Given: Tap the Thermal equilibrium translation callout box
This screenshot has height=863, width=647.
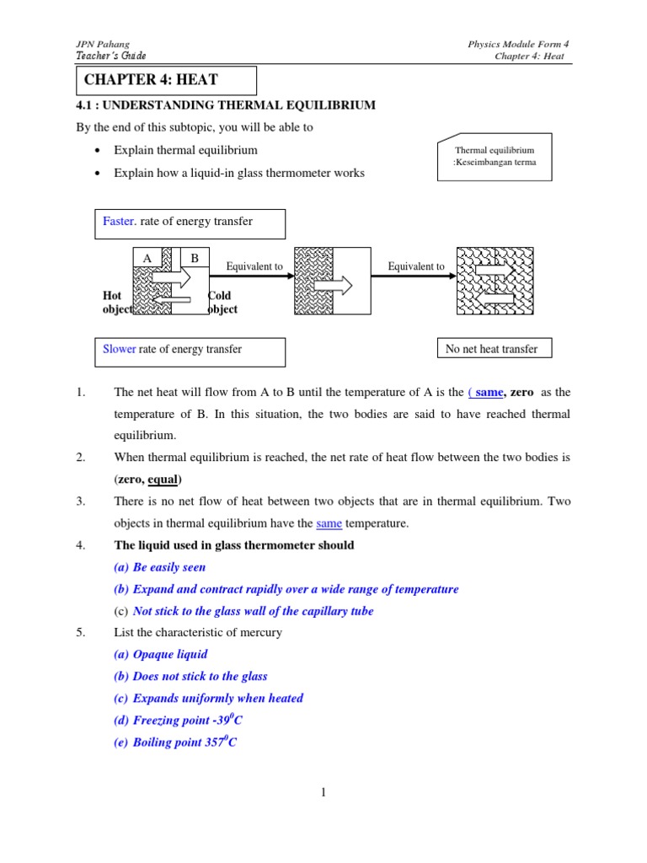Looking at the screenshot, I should point(495,157).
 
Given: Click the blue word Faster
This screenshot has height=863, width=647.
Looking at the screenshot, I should point(119,222).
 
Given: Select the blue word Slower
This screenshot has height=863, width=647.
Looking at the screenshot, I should point(119,349).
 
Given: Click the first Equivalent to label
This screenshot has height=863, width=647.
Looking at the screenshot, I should point(254,266).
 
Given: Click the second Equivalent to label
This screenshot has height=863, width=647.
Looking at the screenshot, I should point(415,266).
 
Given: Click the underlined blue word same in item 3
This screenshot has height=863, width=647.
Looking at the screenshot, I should point(329,523).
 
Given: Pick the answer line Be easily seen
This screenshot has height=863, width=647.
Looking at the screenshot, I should point(168,567).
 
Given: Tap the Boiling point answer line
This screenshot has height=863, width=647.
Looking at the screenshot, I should point(184,742).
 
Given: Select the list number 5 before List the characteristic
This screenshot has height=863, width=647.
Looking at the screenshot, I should point(81,632).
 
